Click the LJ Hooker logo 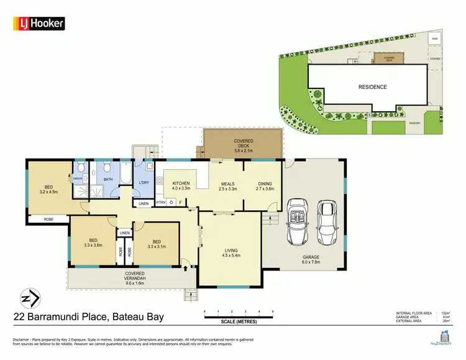coord(39,24)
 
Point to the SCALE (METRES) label coord(239,321)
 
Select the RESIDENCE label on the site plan coord(372,87)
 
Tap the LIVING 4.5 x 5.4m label coord(232,253)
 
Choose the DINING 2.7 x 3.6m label coord(265,186)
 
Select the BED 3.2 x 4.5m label coord(48,190)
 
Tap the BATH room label coord(108,180)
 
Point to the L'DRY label coord(144,182)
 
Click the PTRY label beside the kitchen coord(161,202)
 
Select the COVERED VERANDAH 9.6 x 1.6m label coord(134,277)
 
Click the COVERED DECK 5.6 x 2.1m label coord(243,145)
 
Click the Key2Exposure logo coord(439,336)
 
